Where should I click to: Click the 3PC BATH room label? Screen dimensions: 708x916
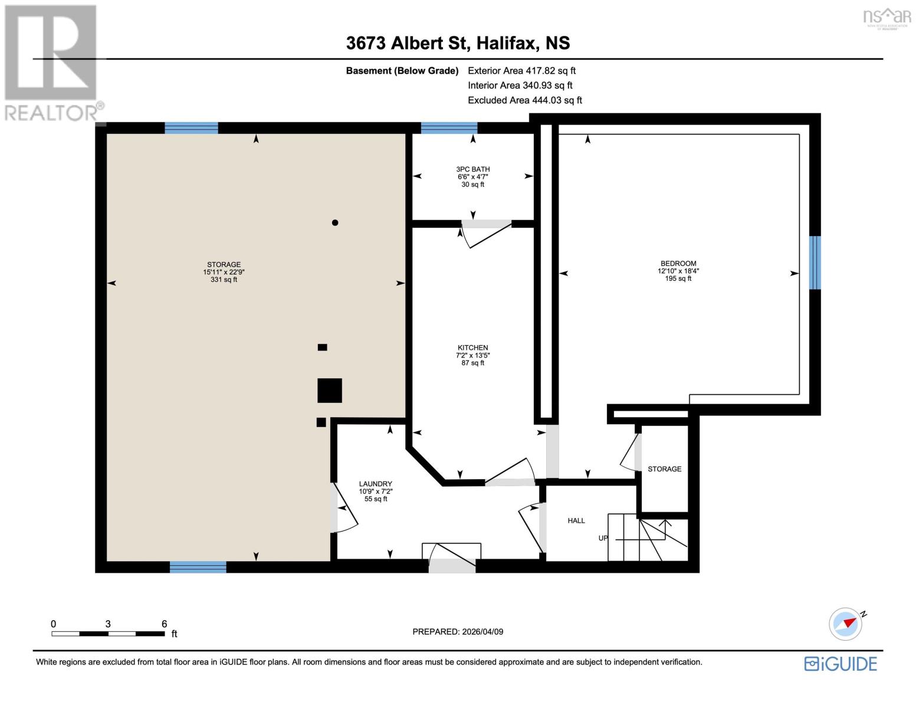coord(473,169)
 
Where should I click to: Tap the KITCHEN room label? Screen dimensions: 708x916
coord(472,348)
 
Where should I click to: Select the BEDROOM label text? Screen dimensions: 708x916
coord(678,264)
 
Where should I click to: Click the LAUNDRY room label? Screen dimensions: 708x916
coord(375,484)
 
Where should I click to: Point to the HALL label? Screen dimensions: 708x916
coord(576,520)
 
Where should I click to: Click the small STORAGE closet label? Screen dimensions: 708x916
coord(664,469)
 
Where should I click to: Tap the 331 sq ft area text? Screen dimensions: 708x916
coord(224,280)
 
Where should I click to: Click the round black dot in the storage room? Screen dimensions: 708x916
coord(335,222)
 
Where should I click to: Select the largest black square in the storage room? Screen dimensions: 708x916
coord(329,390)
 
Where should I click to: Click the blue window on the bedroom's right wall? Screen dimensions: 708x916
coord(815,263)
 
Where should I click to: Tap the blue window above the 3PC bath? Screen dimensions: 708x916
coord(449,127)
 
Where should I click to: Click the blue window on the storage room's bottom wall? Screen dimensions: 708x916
coord(198,567)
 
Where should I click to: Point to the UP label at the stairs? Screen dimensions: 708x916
coord(603,538)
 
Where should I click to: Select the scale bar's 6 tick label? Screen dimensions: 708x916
coord(164,624)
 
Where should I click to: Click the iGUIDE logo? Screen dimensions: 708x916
coord(841,664)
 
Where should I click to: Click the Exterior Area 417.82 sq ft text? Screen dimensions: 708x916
coord(521,70)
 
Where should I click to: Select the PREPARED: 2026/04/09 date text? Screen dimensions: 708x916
coord(458,631)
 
